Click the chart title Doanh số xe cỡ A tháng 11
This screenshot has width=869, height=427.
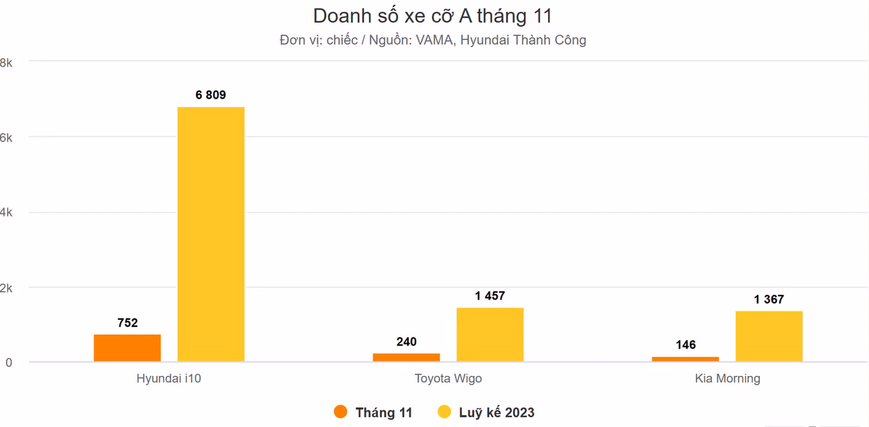click(433, 16)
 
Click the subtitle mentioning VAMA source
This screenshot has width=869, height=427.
click(433, 40)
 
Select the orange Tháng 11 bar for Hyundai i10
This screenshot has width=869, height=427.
click(127, 348)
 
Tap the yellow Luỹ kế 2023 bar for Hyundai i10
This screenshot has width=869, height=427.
click(211, 234)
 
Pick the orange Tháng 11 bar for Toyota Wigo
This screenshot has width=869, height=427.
click(406, 357)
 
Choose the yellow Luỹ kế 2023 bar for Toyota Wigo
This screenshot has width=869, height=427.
click(490, 335)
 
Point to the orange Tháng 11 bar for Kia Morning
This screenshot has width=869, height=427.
click(685, 359)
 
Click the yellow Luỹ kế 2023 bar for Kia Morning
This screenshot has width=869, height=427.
click(769, 337)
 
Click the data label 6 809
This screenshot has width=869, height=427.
click(211, 95)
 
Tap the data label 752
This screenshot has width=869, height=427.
click(127, 323)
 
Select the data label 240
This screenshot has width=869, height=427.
click(407, 342)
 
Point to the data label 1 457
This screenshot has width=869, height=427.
click(490, 296)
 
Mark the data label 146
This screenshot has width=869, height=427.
click(686, 345)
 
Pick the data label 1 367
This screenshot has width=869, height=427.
click(769, 300)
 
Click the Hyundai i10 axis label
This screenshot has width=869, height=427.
click(169, 378)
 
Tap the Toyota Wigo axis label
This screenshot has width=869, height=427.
click(448, 379)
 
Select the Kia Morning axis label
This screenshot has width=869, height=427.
click(727, 379)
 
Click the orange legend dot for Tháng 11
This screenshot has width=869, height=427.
click(340, 412)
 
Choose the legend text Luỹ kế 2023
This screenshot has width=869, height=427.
click(496, 412)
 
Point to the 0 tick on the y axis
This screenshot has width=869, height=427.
click(8, 363)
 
